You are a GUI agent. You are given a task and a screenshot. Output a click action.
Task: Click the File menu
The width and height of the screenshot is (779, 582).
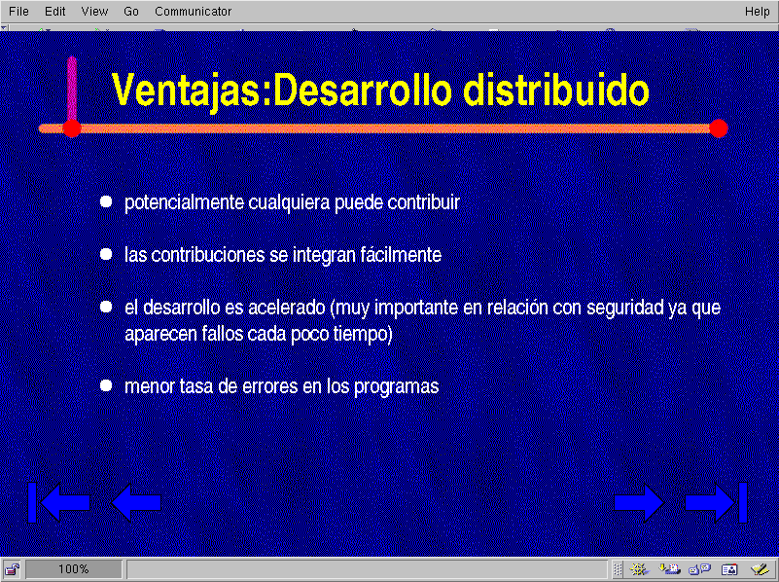click(18, 12)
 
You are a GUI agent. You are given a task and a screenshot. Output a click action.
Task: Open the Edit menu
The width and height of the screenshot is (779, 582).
click(55, 12)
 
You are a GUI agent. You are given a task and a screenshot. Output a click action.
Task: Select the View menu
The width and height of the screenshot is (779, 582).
click(95, 12)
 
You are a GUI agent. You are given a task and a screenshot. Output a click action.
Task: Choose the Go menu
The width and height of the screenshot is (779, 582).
click(131, 12)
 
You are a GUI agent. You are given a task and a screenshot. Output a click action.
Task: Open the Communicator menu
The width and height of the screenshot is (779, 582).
click(194, 12)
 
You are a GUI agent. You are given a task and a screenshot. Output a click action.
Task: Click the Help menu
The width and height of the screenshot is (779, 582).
click(758, 12)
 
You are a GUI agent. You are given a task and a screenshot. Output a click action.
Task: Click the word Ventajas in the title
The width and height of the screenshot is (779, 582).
click(186, 90)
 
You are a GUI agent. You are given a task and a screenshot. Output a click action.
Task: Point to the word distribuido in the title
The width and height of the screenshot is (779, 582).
click(556, 90)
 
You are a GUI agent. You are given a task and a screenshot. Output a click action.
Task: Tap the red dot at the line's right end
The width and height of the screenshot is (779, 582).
click(719, 128)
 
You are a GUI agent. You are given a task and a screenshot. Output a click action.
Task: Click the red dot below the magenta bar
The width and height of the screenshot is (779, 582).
click(72, 128)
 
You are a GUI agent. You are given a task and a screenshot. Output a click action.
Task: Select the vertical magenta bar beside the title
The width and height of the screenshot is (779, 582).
click(72, 88)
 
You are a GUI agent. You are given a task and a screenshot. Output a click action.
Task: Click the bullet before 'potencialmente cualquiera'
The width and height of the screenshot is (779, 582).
click(106, 201)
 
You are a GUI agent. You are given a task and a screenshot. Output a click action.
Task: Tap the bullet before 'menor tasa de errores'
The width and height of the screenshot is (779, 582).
click(106, 385)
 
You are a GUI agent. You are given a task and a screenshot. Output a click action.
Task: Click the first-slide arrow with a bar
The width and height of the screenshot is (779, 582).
click(58, 502)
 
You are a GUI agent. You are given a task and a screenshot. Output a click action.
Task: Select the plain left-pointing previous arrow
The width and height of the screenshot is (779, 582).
click(136, 502)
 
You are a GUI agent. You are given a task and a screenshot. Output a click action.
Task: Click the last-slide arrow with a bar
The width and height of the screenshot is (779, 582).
click(716, 502)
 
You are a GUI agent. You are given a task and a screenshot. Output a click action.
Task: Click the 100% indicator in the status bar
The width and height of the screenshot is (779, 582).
click(74, 569)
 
